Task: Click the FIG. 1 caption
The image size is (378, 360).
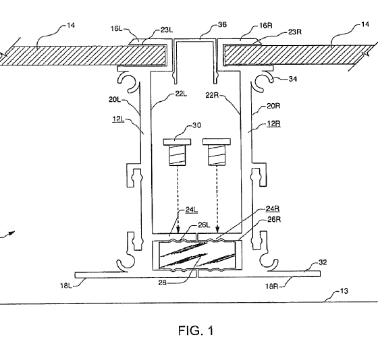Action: coord(196,330)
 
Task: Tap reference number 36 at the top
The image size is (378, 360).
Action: coord(222,24)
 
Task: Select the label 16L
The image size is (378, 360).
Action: coord(116,29)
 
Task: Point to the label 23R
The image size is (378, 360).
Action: coord(294,32)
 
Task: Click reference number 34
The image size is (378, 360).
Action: coord(293,79)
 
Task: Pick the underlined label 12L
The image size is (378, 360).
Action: coord(118,119)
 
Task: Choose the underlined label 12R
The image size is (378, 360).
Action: coord(273,123)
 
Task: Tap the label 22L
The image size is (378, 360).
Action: coord(181,94)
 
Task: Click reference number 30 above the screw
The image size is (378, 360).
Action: coord(196,125)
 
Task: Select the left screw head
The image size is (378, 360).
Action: coord(177,142)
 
